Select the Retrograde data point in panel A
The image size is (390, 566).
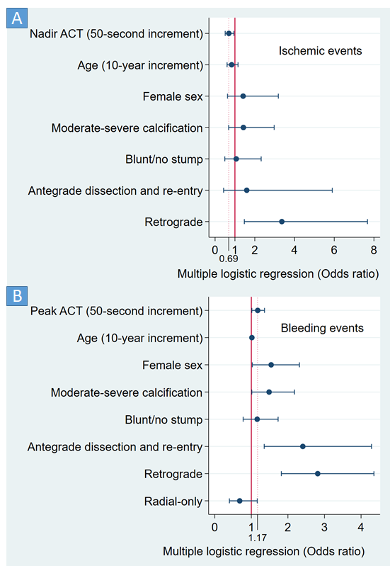(x=282, y=222)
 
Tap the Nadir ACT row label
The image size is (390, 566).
(x=116, y=33)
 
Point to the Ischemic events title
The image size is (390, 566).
(x=320, y=51)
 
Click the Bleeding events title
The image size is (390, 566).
(x=322, y=328)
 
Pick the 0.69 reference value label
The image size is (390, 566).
(x=229, y=259)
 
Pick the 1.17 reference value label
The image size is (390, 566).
(x=257, y=538)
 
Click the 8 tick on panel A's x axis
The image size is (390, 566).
(x=374, y=249)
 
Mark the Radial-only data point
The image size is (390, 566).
(x=239, y=501)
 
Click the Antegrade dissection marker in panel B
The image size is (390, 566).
(x=302, y=446)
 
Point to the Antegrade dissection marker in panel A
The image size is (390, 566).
(x=246, y=190)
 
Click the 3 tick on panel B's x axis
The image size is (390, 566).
(x=324, y=527)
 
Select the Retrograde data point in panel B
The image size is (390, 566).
(x=317, y=473)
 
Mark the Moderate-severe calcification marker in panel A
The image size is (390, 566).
(x=243, y=128)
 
